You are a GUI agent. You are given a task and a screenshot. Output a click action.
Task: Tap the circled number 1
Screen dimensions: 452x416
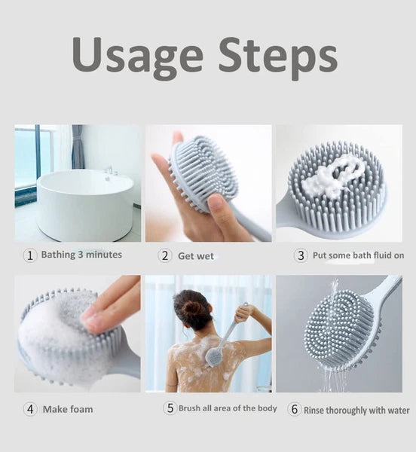(x=30, y=255)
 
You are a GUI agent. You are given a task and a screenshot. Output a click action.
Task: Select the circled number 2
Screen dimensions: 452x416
(x=165, y=255)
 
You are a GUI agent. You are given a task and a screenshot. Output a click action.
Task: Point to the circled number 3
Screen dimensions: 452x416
(x=301, y=255)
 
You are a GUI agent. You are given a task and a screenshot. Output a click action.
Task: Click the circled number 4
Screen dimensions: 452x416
(x=30, y=410)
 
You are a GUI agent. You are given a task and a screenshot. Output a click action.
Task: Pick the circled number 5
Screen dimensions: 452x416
(x=170, y=408)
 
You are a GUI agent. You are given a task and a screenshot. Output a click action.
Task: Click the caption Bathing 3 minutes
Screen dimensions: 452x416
(x=81, y=255)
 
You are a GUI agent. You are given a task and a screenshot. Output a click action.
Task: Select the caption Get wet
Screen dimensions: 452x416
(x=196, y=256)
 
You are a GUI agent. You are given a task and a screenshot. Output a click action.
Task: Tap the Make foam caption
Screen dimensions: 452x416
(x=68, y=410)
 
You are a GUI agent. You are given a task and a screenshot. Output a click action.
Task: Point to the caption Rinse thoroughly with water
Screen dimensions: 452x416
(x=356, y=411)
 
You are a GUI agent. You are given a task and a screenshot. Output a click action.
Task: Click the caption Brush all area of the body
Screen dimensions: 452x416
(x=228, y=408)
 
